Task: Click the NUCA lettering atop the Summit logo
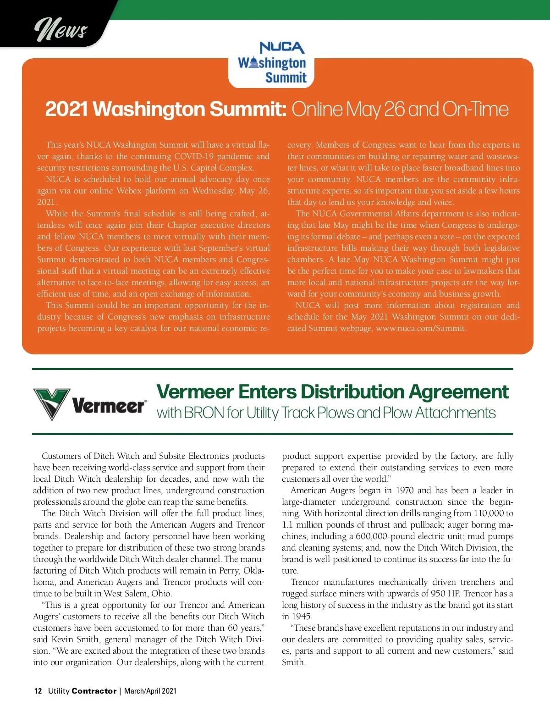(x=281, y=47)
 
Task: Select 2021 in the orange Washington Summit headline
(x=66, y=109)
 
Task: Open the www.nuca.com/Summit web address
(x=420, y=328)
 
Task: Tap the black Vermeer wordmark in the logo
(x=109, y=406)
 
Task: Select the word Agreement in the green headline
(x=458, y=392)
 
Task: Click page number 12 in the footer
(x=38, y=691)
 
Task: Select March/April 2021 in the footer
(x=150, y=691)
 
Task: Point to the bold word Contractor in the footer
(x=94, y=691)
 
